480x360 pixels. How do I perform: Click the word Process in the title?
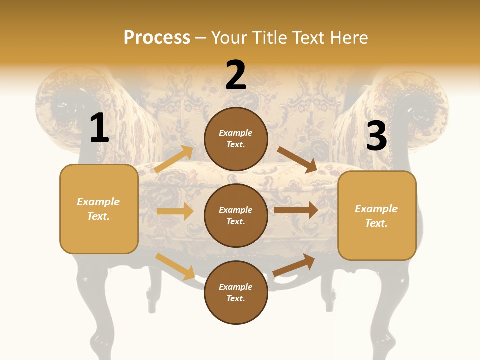[x=157, y=38]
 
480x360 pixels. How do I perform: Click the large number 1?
[x=99, y=128]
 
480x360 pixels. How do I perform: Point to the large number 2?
[x=236, y=75]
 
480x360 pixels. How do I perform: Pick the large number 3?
[x=376, y=136]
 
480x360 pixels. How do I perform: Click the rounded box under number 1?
[x=99, y=209]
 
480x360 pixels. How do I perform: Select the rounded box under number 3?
[x=377, y=215]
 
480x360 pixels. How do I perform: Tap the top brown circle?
[x=236, y=139]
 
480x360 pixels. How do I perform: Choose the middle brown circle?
[x=236, y=215]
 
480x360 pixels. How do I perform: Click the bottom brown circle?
[x=236, y=292]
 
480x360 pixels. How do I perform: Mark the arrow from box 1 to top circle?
[x=173, y=159]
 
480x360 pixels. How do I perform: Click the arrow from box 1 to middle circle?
[x=175, y=211]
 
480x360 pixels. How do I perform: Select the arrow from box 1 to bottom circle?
[x=175, y=266]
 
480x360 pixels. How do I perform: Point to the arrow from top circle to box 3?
[x=297, y=159]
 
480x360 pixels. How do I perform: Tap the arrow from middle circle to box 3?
[x=296, y=210]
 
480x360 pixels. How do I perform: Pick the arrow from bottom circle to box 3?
[x=294, y=265]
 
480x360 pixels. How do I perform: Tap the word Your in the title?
[x=229, y=38]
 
